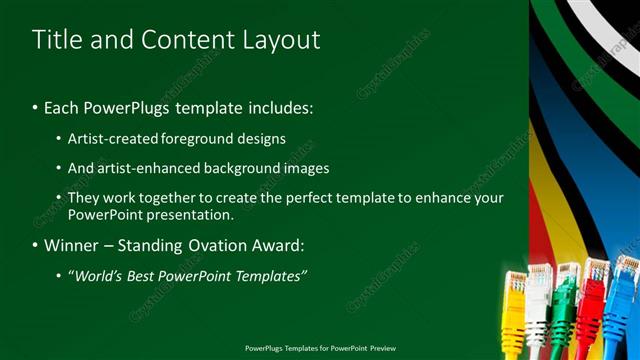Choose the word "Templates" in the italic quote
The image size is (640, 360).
coord(272,275)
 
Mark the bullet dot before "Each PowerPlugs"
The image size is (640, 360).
coord(35,108)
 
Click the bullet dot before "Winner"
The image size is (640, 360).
coord(35,245)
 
